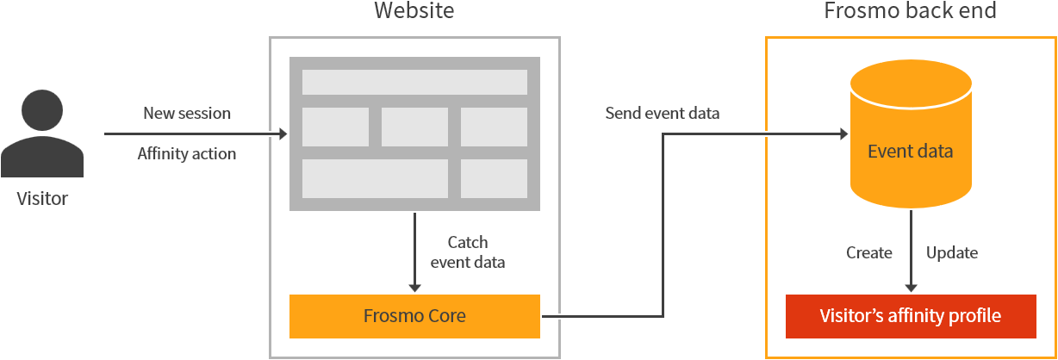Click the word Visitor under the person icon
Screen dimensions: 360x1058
pos(42,199)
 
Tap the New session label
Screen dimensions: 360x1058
pos(187,113)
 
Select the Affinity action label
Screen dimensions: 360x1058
pos(187,154)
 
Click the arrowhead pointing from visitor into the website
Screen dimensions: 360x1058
pos(282,134)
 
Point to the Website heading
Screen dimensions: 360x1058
pos(414,11)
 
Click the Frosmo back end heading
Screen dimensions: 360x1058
pos(911,11)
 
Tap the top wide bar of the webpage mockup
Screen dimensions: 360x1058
pos(414,82)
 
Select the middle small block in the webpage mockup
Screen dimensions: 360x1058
pos(414,127)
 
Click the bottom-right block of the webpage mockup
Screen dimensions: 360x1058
pos(494,178)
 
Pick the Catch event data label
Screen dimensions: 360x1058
pos(468,252)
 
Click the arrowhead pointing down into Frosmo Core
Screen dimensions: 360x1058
pos(414,287)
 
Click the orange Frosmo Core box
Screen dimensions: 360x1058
pos(414,316)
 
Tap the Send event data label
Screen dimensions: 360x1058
pos(663,113)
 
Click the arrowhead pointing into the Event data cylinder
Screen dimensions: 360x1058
pos(844,134)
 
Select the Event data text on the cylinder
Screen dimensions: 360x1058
pos(911,152)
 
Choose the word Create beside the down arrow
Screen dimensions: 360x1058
pos(868,252)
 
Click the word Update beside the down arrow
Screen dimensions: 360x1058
pos(952,252)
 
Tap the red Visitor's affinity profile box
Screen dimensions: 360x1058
pos(911,316)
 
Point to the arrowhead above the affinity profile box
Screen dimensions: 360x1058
pos(911,287)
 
